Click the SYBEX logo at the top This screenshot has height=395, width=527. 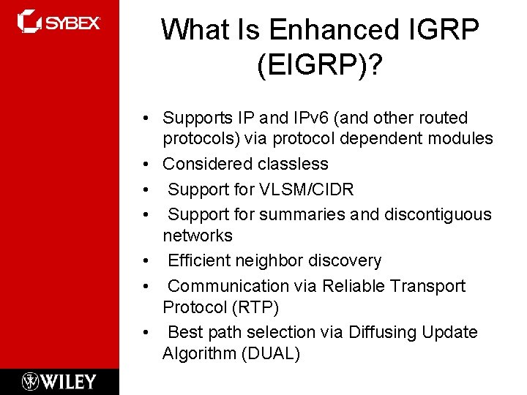click(x=59, y=21)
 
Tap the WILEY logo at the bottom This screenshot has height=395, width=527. click(x=59, y=381)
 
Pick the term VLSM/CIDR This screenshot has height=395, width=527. click(x=306, y=189)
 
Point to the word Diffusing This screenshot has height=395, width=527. click(x=384, y=332)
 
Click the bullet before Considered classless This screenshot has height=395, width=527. click(x=147, y=165)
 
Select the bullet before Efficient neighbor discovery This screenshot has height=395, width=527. click(x=147, y=261)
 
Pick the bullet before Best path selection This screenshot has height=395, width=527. click(x=147, y=333)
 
